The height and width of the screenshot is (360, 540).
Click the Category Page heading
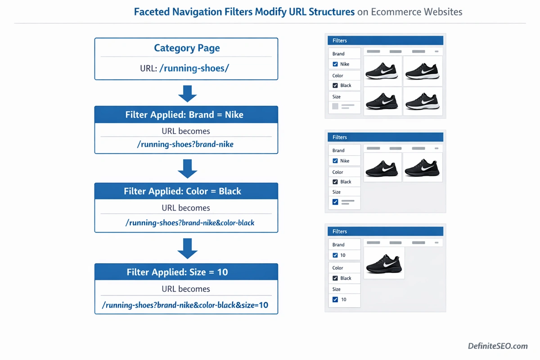pos(187,48)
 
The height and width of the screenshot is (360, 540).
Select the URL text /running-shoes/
pos(194,69)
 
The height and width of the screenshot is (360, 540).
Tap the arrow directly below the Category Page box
pos(187,93)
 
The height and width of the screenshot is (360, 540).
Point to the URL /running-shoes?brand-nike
pos(185,144)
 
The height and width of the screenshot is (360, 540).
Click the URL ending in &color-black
pos(190,222)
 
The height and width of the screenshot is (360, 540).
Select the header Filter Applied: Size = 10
pos(177,272)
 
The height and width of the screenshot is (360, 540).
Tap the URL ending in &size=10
pos(185,305)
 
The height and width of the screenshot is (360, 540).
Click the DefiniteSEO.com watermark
pos(498,346)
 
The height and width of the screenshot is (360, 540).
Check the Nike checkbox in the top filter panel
pos(335,64)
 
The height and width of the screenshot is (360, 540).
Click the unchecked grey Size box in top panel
pos(335,107)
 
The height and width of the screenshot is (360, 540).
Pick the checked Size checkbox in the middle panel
pos(335,202)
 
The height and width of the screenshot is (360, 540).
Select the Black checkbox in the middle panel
pos(335,182)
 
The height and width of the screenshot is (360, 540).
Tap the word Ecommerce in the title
pos(393,12)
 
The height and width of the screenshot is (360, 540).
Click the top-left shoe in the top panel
pos(382,71)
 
